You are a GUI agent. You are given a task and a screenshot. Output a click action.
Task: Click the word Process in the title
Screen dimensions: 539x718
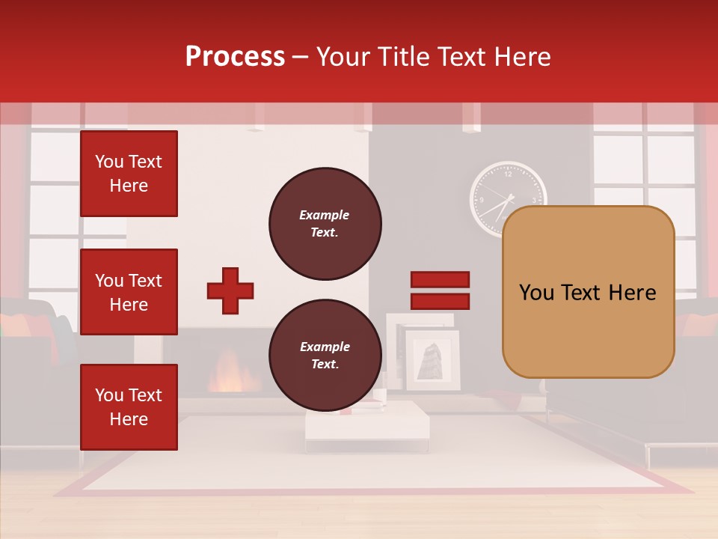[235, 57]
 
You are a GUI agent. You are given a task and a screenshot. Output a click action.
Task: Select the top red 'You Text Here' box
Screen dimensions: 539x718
[129, 174]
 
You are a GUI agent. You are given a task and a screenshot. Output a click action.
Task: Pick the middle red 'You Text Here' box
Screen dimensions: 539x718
[129, 292]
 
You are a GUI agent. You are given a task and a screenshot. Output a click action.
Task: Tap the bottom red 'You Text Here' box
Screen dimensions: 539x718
[129, 407]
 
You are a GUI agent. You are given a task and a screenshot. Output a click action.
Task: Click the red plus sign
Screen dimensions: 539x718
[230, 290]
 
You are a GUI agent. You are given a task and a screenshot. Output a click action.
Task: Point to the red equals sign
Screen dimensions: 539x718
[440, 290]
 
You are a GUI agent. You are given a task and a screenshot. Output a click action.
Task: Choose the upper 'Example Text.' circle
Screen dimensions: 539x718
[325, 224]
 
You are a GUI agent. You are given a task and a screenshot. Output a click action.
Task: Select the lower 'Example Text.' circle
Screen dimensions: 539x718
[325, 356]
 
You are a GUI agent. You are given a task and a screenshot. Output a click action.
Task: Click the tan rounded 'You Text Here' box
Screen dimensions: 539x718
[588, 292]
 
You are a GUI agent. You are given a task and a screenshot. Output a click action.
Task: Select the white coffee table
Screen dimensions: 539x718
[366, 425]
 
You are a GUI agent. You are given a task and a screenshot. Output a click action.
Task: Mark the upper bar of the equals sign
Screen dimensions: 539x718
[440, 280]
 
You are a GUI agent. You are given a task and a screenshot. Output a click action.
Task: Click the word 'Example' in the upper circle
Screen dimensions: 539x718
[325, 215]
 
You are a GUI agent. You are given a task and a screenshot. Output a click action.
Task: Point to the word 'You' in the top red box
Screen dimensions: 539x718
[109, 162]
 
